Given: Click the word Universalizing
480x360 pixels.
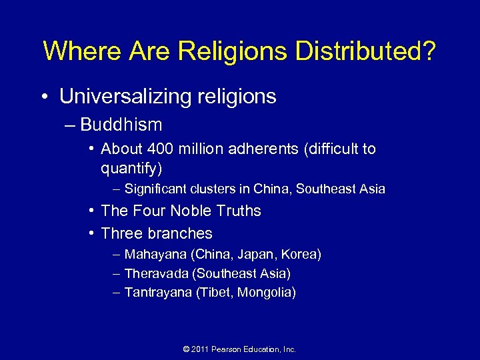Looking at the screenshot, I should [x=123, y=97].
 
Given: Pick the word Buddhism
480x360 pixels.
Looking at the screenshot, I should [x=121, y=125].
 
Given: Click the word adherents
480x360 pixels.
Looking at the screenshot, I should [x=265, y=149].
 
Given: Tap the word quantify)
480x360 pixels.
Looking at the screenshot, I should [x=131, y=167].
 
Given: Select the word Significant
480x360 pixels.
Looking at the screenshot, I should [x=157, y=189].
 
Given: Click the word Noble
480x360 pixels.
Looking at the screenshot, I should [x=193, y=211].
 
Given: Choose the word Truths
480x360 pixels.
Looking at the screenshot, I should [x=239, y=211].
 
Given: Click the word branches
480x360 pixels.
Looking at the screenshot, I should [x=181, y=233].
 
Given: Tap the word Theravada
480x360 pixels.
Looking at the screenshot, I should [x=153, y=273].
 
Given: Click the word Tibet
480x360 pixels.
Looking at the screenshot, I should [x=214, y=292].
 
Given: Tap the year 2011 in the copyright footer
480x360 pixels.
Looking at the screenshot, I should [x=200, y=349].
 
